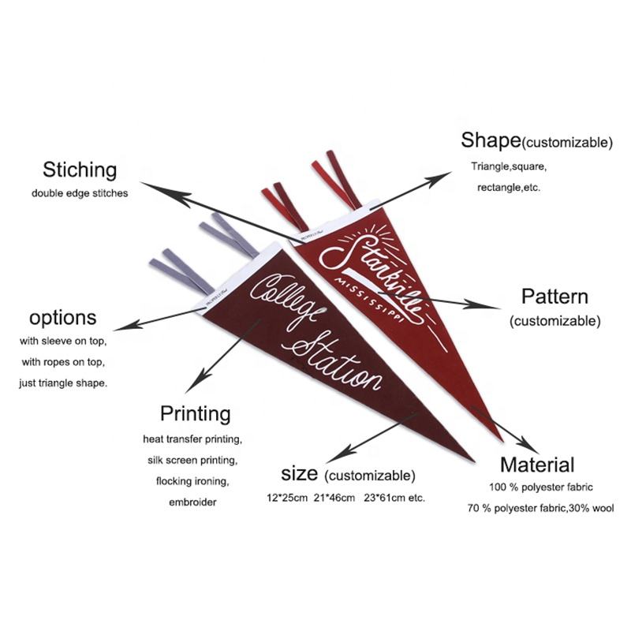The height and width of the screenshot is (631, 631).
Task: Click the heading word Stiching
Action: point(80,170)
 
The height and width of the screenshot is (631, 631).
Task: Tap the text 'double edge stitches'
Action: point(80,192)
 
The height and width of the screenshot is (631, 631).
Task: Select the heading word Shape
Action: point(491,140)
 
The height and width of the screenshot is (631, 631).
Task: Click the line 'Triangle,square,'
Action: point(509,167)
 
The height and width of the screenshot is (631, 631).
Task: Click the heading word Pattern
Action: point(554,297)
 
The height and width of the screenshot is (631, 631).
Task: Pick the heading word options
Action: point(63,318)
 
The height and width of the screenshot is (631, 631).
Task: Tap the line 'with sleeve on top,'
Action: point(63,342)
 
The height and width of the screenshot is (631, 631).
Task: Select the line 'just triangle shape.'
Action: point(63,383)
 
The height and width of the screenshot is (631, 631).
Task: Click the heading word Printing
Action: point(196,413)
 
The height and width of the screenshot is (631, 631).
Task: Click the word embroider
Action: point(192,502)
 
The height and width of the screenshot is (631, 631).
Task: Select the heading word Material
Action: point(537,465)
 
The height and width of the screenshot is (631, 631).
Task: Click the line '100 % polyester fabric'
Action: point(540,487)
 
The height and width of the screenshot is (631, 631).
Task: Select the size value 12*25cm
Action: point(286,498)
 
